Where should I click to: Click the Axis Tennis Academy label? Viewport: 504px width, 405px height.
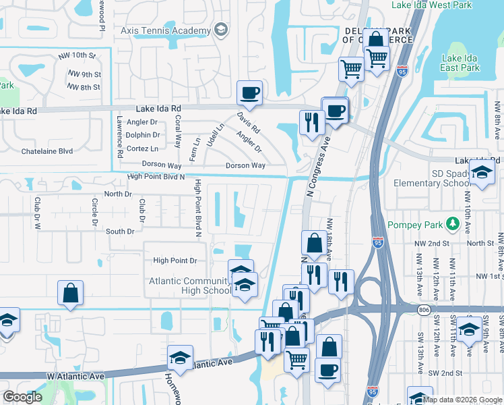165,31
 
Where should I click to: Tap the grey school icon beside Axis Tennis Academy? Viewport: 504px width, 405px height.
220,30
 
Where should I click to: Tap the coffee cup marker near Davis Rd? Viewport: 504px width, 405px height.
249,92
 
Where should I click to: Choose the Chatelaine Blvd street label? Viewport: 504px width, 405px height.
46,151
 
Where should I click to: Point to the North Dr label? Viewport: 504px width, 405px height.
118,194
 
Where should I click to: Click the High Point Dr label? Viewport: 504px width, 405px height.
175,260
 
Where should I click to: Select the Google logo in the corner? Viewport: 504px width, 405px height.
23,397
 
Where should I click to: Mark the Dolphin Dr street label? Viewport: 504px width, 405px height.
142,135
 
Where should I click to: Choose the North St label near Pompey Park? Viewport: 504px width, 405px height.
480,243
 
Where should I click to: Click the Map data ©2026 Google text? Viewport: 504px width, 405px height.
462,400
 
